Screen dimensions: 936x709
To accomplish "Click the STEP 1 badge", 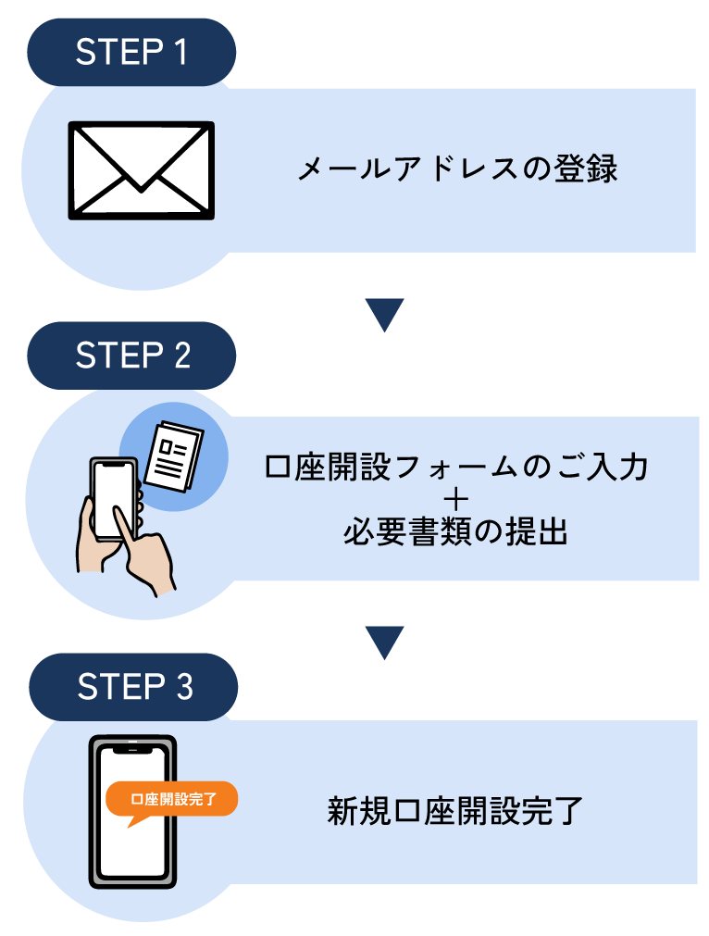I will point(131,52).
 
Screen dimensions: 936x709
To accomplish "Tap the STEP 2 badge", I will point(131,356).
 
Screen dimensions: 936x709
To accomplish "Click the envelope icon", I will point(141,170).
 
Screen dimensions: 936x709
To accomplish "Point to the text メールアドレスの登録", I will point(457,170).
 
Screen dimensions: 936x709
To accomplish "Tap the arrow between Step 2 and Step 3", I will point(385,642).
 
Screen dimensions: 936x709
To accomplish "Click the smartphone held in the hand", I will point(113,500).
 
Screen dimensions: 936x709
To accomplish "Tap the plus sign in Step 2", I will point(456,501).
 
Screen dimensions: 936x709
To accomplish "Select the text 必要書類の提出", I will point(455,534).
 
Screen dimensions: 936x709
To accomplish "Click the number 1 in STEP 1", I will point(180,52).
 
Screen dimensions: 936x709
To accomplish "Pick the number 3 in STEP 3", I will point(183,687).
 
